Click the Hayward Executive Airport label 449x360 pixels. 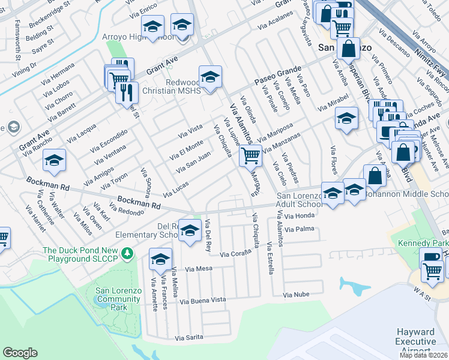(x=415, y=341)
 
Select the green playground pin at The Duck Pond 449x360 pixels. (x=127, y=254)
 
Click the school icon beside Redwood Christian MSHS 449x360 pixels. (x=210, y=77)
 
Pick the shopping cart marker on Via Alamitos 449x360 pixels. (x=250, y=157)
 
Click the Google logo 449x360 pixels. (x=20, y=353)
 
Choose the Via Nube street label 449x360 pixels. (x=296, y=295)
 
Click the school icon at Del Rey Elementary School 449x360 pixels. (x=190, y=231)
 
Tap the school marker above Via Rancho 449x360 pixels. (x=54, y=161)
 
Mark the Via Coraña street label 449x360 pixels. (x=235, y=254)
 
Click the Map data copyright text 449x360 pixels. (x=423, y=355)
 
